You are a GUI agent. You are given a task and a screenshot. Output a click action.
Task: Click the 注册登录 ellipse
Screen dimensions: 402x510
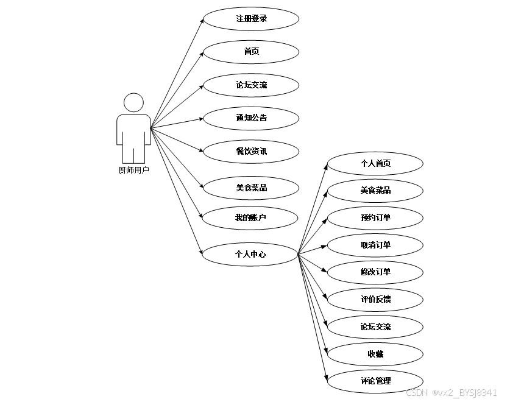coord(251,19)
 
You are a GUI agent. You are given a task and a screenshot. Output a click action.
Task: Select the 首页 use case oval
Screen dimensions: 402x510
coord(251,52)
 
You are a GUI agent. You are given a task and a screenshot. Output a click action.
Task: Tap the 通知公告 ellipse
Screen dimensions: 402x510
coord(251,118)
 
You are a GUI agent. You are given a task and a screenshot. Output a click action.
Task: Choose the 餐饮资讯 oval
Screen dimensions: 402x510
coord(251,151)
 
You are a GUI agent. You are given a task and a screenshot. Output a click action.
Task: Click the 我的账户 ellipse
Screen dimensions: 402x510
coord(250,217)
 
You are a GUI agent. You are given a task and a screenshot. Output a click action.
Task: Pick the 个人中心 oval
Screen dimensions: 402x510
coord(250,254)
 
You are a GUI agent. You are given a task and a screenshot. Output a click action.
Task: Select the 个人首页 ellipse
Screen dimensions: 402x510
coord(375,163)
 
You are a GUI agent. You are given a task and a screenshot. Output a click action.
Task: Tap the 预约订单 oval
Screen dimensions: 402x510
coord(375,217)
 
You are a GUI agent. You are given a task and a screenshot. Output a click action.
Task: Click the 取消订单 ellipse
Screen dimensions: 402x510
coord(375,245)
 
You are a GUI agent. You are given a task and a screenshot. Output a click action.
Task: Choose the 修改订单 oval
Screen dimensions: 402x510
coord(375,272)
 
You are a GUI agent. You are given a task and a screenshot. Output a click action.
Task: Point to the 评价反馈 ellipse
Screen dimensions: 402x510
coord(375,299)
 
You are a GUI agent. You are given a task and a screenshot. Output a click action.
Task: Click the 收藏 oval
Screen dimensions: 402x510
coord(375,354)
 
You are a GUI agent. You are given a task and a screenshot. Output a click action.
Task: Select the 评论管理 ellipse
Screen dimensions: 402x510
coord(375,381)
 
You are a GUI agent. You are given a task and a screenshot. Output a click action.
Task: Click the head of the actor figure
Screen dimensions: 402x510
coord(133,102)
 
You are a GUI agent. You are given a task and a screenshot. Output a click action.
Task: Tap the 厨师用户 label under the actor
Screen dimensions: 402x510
coord(133,171)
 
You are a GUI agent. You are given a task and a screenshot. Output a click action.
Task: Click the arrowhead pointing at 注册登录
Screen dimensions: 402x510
coord(201,21)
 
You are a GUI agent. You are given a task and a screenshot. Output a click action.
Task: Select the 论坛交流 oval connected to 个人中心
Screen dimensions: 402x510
coord(375,326)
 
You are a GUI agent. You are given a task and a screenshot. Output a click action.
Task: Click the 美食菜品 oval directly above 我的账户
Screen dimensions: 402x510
coord(251,188)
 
